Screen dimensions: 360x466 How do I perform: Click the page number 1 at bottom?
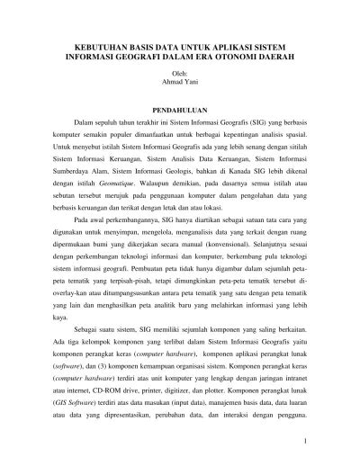(x=308, y=442)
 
